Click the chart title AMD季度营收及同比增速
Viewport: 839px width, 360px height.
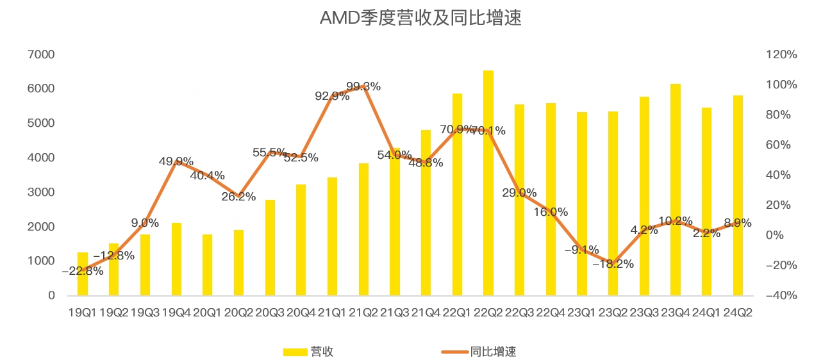coord(420,17)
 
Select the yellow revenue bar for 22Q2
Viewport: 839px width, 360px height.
coord(488,183)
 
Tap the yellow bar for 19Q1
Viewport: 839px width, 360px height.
coord(83,274)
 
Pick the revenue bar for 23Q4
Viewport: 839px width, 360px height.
coord(676,190)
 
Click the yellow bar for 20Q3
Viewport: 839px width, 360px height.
coord(270,248)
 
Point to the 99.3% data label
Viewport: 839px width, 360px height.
coord(363,86)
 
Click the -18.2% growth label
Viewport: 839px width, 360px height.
coord(613,264)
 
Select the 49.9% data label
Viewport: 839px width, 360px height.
coord(176,161)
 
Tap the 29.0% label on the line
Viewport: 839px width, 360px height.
coord(520,193)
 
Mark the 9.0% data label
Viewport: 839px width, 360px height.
coord(145,223)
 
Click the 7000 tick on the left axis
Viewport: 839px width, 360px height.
coord(41,54)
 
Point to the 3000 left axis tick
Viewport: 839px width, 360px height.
coord(41,192)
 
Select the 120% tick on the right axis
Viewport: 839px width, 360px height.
coord(781,54)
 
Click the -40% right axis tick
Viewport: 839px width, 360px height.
coord(781,296)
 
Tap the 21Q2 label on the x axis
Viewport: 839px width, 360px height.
coord(363,313)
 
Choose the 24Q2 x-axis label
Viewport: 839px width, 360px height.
coord(738,313)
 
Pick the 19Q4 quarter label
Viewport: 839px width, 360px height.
coord(176,313)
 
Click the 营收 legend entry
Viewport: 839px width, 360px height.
coord(308,352)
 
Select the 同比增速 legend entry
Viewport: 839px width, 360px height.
coord(479,352)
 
